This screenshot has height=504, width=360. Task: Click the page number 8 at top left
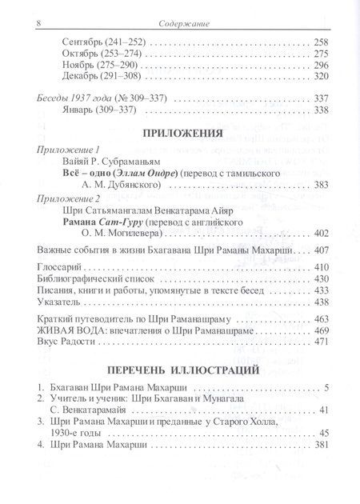click(29, 24)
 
